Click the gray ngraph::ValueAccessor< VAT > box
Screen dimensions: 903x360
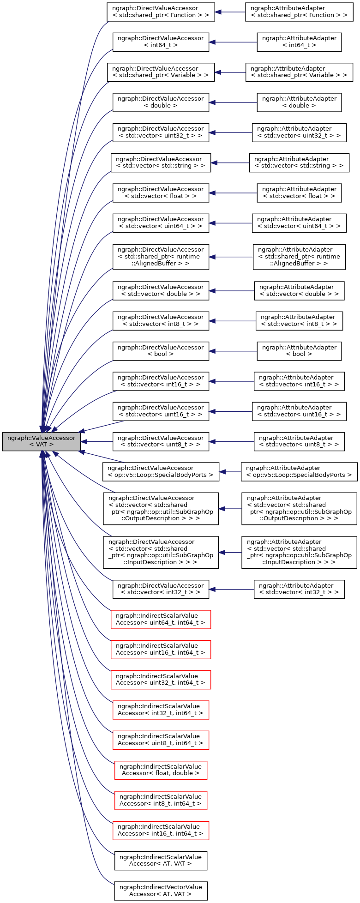pyautogui.click(x=42, y=441)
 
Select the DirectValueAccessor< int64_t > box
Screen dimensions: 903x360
pyautogui.click(x=161, y=42)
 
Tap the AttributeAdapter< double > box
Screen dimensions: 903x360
pyautogui.click(x=299, y=102)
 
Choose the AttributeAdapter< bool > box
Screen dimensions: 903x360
pyautogui.click(x=299, y=351)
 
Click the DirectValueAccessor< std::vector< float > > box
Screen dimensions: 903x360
pyautogui.click(x=161, y=193)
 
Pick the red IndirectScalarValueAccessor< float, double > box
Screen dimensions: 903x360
pyautogui.click(x=161, y=770)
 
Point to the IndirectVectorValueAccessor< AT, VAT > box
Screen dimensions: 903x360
pyautogui.click(x=161, y=891)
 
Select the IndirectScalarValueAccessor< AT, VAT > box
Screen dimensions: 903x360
pyautogui.click(x=161, y=860)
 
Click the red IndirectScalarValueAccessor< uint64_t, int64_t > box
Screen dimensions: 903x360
pyautogui.click(x=161, y=619)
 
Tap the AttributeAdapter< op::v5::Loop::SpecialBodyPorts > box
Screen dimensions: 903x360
pyautogui.click(x=299, y=471)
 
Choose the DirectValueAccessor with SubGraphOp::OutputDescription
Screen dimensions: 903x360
pyautogui.click(x=161, y=508)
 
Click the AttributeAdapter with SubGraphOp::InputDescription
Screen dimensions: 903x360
pyautogui.click(x=299, y=552)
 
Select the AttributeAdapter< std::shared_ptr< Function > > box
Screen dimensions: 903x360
pyautogui.click(x=299, y=12)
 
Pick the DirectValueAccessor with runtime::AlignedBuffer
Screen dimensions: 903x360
pyautogui.click(x=161, y=257)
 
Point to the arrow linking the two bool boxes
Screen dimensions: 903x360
pyautogui.click(x=233, y=351)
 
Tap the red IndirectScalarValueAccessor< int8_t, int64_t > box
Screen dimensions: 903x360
pyautogui.click(x=161, y=800)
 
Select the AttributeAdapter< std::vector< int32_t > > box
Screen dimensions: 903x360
pyautogui.click(x=299, y=589)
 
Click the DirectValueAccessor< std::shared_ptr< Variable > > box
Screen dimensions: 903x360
pyautogui.click(x=161, y=72)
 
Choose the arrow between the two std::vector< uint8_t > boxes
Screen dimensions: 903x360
pyautogui.click(x=231, y=441)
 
